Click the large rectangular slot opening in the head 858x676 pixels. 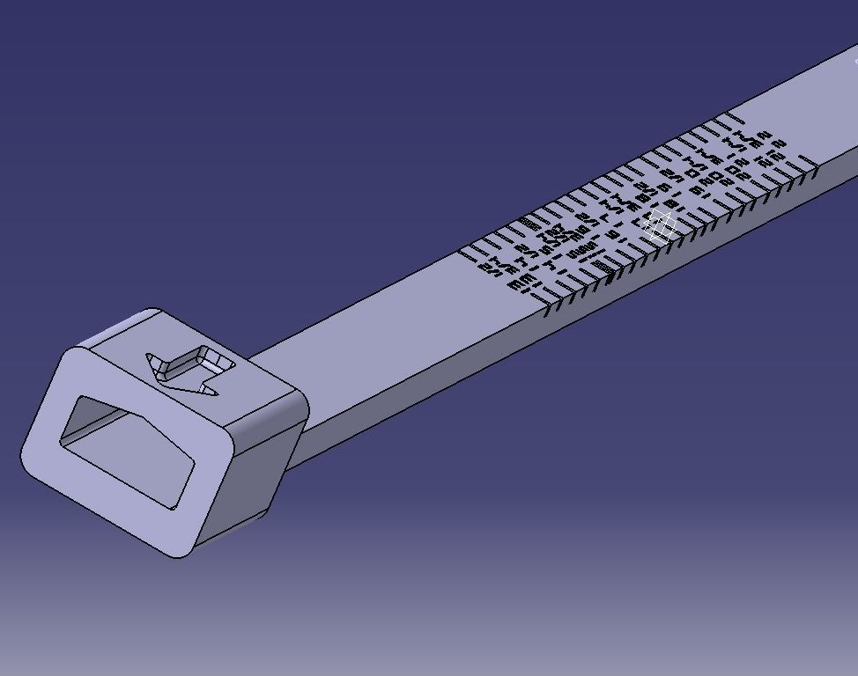coord(128,449)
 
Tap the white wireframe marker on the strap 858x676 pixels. coord(659,226)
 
